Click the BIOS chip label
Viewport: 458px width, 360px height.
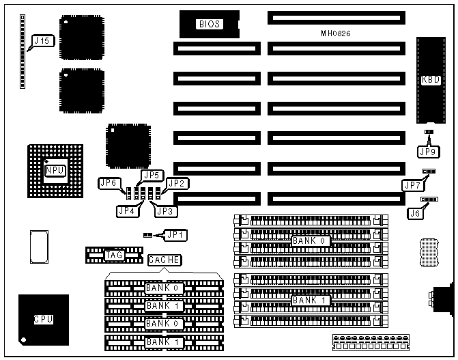tap(210, 25)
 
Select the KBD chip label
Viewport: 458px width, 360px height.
tap(431, 79)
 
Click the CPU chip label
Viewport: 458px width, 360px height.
tap(43, 318)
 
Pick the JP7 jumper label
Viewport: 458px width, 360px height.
tap(412, 184)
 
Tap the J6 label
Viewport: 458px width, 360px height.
tap(414, 214)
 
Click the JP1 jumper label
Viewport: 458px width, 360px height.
tap(176, 235)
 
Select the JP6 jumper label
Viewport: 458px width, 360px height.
tap(109, 183)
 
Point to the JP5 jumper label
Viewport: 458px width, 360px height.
tap(151, 175)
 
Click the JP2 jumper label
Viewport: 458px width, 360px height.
tap(177, 183)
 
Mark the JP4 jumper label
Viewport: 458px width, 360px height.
tap(128, 211)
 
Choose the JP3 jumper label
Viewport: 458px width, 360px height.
tap(165, 211)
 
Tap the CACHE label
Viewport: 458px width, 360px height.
tap(164, 260)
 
